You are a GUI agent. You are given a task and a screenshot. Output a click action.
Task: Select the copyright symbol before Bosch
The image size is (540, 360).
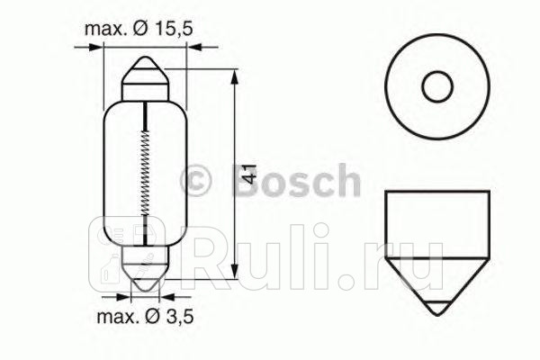point(198,179)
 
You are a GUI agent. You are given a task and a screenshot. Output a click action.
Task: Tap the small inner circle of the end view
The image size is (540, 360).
point(437,87)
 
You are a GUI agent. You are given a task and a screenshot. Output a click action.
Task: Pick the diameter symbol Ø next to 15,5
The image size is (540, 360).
point(143,31)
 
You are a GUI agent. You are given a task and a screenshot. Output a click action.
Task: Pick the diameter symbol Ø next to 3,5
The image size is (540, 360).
point(146,316)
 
